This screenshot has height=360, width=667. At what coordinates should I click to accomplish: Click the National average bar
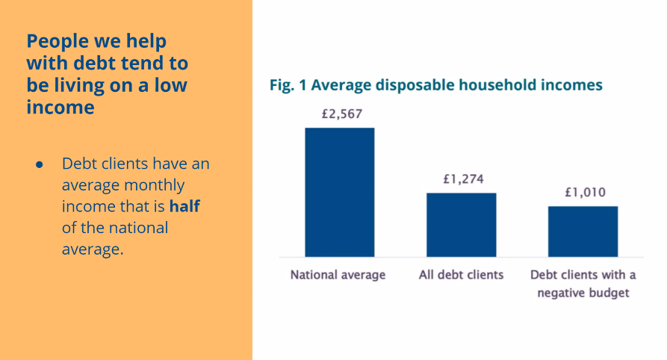pos(339,192)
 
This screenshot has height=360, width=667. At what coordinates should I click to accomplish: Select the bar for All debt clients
pos(461,225)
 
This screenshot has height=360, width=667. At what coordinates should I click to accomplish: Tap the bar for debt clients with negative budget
pos(583,232)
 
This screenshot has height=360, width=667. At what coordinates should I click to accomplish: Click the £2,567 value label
pos(339,115)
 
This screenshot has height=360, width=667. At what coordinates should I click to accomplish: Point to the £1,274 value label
pos(461,179)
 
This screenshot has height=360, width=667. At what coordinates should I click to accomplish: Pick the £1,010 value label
pos(583,193)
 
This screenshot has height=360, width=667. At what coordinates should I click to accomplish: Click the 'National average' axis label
pos(338,275)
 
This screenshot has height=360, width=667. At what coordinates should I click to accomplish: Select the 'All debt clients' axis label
pos(461,275)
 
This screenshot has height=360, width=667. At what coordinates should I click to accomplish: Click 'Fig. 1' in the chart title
pos(288,85)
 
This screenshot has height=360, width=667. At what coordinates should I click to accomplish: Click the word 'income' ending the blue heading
pos(61,108)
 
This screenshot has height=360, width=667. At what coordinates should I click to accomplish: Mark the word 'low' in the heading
pos(171,85)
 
